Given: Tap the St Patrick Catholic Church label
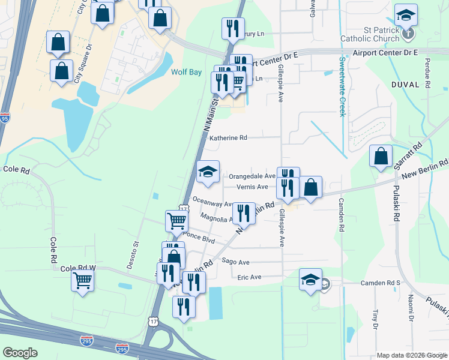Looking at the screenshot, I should (x=373, y=34).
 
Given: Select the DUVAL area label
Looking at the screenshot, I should (x=405, y=85).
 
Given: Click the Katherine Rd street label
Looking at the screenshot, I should (x=228, y=137).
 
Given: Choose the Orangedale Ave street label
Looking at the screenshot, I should (x=252, y=176).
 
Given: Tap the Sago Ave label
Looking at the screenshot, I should (x=235, y=262).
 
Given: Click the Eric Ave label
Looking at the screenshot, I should (x=250, y=277).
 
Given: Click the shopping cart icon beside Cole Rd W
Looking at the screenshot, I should (x=82, y=280).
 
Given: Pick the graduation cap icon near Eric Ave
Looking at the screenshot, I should (x=310, y=280).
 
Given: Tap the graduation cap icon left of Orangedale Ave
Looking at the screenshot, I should (x=208, y=172).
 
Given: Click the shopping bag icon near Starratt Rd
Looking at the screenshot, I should (x=381, y=157).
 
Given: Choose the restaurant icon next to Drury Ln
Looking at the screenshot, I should (x=232, y=28).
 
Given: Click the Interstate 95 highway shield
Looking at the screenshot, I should (x=5, y=117).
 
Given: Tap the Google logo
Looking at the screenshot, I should (x=20, y=353).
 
